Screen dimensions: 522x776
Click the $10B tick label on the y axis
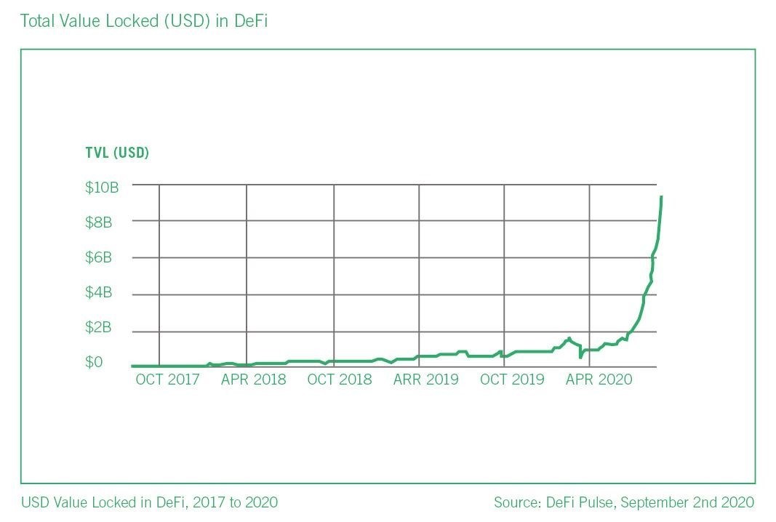click(102, 188)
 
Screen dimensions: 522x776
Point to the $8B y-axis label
click(99, 222)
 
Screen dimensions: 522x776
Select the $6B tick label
click(99, 257)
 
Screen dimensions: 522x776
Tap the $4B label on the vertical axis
click(99, 292)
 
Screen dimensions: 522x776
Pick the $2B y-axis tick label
click(99, 327)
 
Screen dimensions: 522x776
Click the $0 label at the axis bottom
click(95, 362)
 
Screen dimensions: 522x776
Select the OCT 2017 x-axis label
click(167, 380)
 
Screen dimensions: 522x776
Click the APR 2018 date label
click(254, 380)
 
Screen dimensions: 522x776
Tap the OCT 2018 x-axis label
click(340, 380)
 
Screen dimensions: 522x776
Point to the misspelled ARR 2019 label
click(426, 380)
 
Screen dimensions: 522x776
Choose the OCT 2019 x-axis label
click(512, 380)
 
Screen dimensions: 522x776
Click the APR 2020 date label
click(599, 380)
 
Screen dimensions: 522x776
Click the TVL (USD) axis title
click(117, 153)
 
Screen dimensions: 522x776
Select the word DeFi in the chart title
click(252, 21)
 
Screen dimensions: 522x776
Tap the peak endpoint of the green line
click(660, 197)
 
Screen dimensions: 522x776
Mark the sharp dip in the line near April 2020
click(580, 356)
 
